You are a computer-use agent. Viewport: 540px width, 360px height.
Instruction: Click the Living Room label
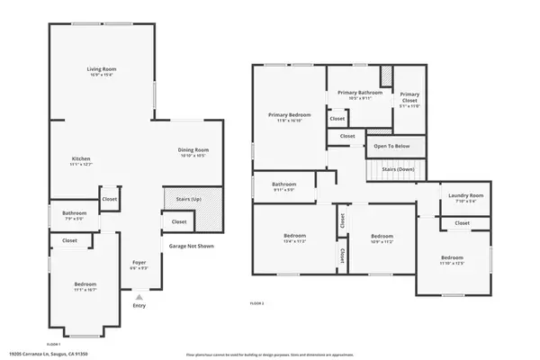(x=101, y=68)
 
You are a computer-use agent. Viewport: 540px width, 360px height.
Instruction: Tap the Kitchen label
(x=81, y=158)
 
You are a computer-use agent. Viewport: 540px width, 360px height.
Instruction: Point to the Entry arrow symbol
(x=138, y=296)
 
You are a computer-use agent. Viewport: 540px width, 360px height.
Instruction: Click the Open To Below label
(x=392, y=145)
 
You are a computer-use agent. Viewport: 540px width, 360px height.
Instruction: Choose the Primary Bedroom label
(x=289, y=114)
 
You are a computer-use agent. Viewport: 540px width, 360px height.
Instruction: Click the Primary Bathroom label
(x=359, y=93)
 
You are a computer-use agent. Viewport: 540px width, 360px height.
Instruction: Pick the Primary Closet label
(x=409, y=94)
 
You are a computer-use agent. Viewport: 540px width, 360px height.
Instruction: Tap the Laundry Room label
(x=466, y=195)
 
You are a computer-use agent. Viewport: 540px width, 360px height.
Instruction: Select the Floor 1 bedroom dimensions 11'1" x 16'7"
(x=85, y=290)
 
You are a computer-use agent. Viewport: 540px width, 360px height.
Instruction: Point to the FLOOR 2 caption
(x=256, y=304)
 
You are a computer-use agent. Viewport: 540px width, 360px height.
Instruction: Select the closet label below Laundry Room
(x=462, y=222)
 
